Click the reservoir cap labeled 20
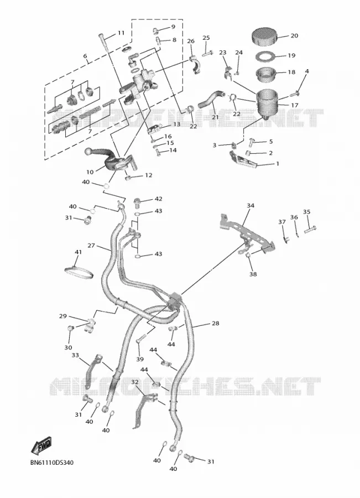point(265,37)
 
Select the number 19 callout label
point(291,55)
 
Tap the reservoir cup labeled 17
point(267,102)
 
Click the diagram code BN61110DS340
point(52,463)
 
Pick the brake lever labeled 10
point(109,159)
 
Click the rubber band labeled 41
point(79,272)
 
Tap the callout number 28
point(215,323)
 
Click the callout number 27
point(91,246)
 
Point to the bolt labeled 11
point(104,42)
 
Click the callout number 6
point(85,56)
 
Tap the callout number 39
point(140,359)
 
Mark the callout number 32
point(134,382)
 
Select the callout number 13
point(176,124)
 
